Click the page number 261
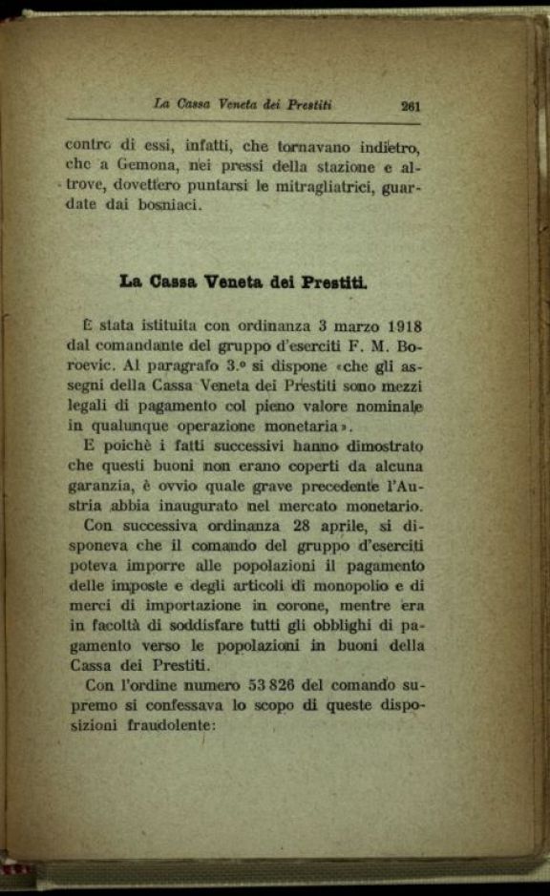click(x=412, y=106)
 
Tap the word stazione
click(x=332, y=165)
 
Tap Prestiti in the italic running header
click(x=304, y=105)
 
